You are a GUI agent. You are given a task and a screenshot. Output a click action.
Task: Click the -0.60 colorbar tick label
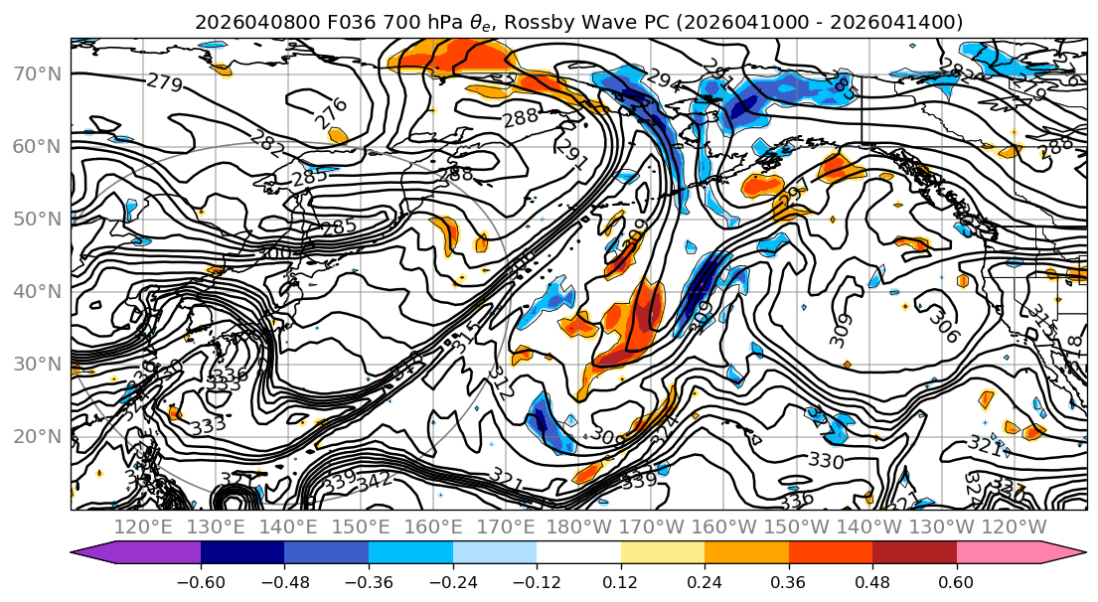pyautogui.click(x=201, y=581)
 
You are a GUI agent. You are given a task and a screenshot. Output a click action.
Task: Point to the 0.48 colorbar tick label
pyautogui.click(x=872, y=581)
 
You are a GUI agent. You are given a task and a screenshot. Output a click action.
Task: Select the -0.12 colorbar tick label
pyautogui.click(x=537, y=581)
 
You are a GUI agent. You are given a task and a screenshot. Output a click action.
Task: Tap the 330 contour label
pyautogui.click(x=826, y=460)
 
